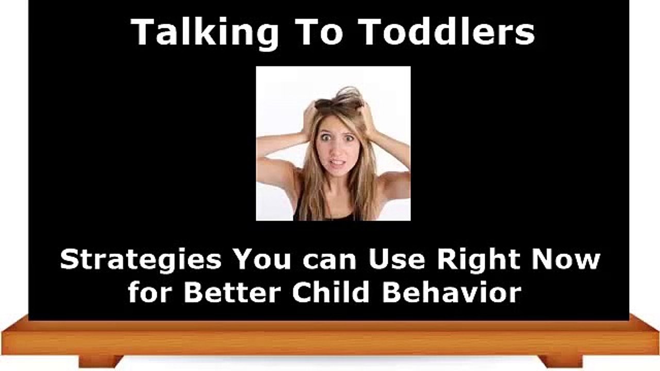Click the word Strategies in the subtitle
(141, 260)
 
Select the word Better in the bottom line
(232, 292)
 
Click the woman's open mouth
(337, 164)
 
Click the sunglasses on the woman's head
(338, 103)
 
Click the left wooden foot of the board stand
(101, 360)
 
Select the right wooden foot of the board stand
(560, 360)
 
